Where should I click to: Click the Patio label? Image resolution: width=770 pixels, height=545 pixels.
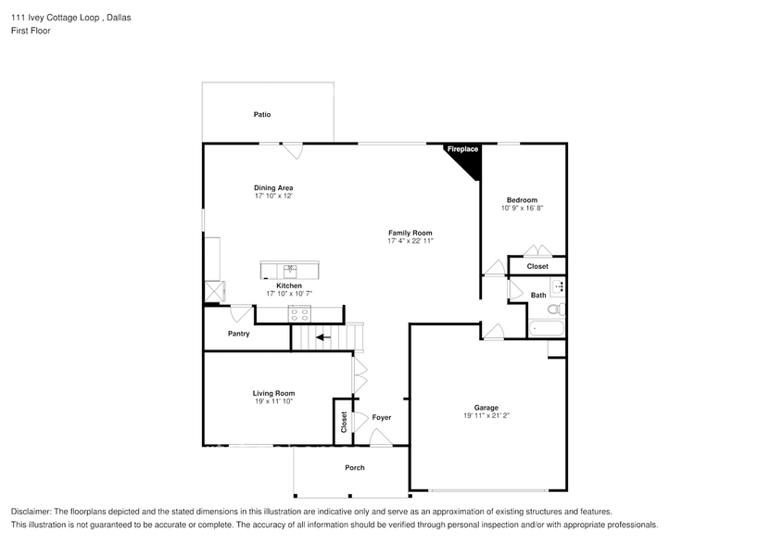(x=262, y=115)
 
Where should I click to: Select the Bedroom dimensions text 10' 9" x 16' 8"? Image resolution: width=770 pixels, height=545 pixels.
(x=522, y=209)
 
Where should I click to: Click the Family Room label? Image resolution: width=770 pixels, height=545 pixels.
(x=410, y=233)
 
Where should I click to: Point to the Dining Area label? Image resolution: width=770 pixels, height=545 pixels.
(x=273, y=188)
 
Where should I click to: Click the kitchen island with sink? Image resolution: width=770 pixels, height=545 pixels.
(x=290, y=270)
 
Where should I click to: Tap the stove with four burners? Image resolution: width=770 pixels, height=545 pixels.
(x=299, y=313)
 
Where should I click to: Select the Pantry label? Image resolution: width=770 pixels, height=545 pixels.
(x=238, y=334)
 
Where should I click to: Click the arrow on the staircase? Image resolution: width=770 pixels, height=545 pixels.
(x=322, y=337)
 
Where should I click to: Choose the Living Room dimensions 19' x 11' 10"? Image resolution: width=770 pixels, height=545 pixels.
(x=273, y=401)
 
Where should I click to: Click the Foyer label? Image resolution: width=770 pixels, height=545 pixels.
(x=382, y=418)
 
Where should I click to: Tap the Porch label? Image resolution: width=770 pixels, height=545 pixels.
(x=355, y=468)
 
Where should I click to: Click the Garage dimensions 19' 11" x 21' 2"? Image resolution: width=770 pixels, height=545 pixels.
(x=486, y=416)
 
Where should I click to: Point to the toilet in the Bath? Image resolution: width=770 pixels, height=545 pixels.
(x=554, y=310)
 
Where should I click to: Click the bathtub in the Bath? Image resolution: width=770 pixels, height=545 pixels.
(x=546, y=327)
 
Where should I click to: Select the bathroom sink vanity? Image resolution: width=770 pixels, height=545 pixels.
(x=558, y=286)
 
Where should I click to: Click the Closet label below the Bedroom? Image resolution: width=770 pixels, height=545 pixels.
(x=537, y=267)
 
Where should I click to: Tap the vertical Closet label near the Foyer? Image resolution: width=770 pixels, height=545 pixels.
(x=344, y=421)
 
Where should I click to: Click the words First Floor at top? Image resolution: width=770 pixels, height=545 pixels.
(x=31, y=31)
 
